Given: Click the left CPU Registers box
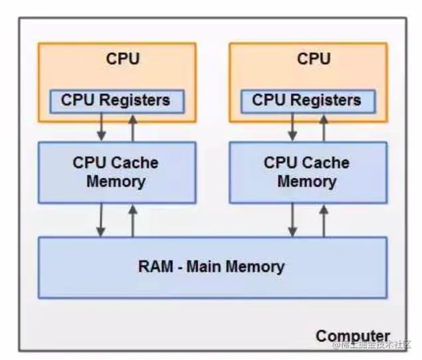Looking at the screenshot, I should (116, 101).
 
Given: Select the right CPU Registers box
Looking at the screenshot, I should (307, 101).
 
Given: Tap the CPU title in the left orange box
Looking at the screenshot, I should (123, 58).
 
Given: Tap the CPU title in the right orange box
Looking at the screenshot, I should (314, 58).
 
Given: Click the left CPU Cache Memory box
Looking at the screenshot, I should (116, 172).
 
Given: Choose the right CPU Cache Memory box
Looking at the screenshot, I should (307, 172).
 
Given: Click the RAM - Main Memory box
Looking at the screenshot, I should (211, 267).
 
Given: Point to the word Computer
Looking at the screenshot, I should (352, 335).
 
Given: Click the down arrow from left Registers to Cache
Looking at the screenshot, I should (101, 126).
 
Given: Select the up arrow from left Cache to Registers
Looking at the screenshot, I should (132, 126).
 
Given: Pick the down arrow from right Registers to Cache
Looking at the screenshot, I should (292, 126).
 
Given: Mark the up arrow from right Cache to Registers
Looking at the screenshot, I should (324, 126).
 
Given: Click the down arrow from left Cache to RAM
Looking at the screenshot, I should (101, 220).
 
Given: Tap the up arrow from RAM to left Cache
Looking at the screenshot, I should (132, 220).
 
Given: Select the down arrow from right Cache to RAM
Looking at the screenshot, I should (292, 220).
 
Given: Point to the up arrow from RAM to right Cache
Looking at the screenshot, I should (324, 220).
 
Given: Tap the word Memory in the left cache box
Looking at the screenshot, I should (116, 181).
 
